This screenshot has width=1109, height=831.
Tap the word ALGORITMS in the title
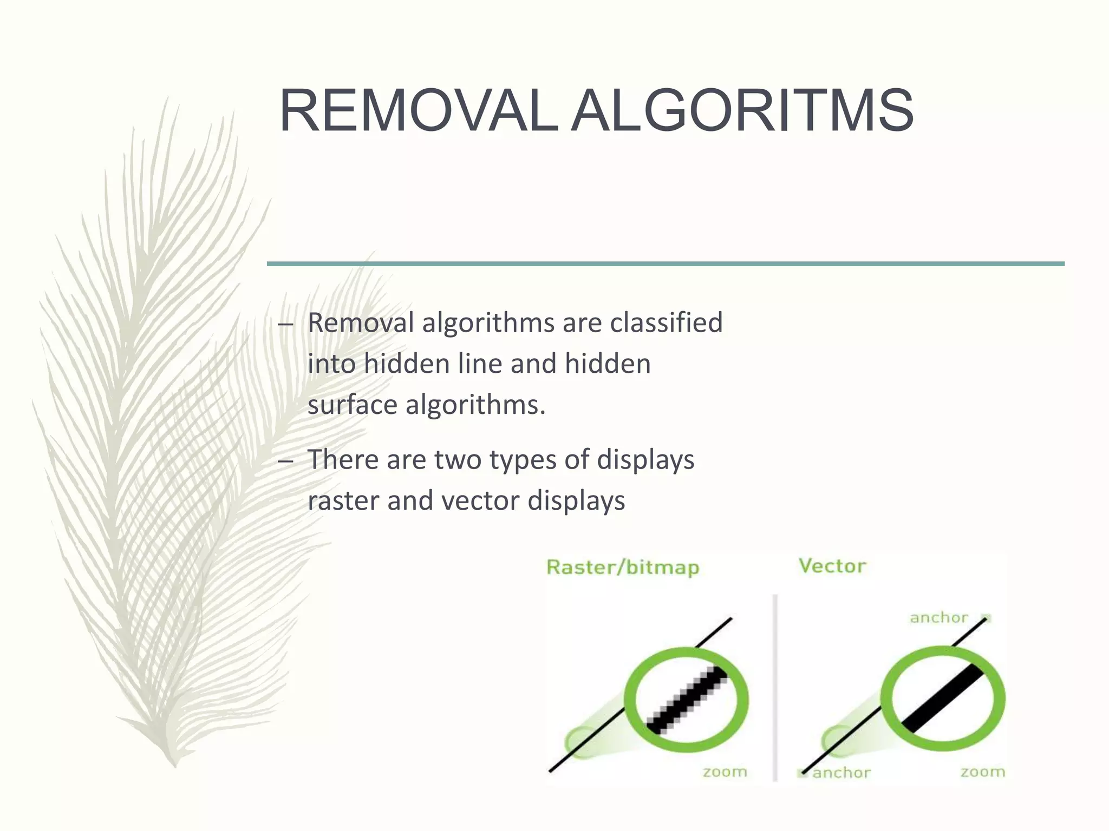click(x=742, y=111)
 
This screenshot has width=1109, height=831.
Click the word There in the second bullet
click(x=342, y=460)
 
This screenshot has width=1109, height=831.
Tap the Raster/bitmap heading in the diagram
click(x=623, y=568)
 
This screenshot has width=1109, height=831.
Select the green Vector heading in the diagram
click(x=832, y=566)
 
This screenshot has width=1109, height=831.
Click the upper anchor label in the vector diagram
click(x=938, y=618)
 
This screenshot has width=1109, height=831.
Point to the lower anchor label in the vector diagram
click(x=841, y=773)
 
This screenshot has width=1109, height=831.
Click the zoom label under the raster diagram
click(x=725, y=772)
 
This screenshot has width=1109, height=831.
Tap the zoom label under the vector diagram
click(x=982, y=772)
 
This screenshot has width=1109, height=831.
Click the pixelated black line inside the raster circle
click(x=687, y=700)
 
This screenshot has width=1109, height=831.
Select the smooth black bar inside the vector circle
click(x=942, y=699)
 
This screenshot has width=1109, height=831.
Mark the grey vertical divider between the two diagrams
click(x=775, y=687)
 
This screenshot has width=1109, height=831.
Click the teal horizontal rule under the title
click(x=666, y=264)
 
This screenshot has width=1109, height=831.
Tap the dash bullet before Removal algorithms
click(x=285, y=325)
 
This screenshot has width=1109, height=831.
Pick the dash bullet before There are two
click(x=285, y=461)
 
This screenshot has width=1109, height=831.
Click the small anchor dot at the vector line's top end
click(x=987, y=618)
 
